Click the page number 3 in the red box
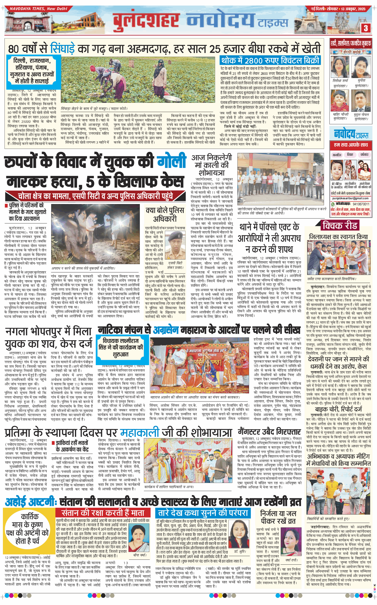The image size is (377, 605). (366, 28)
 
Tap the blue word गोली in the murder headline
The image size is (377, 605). (171, 161)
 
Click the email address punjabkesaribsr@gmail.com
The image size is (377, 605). (350, 198)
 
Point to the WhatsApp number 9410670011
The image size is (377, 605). (361, 204)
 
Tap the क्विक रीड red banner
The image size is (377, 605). (340, 226)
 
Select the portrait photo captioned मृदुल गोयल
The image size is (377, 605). (361, 101)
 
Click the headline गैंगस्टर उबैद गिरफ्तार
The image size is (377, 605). (269, 432)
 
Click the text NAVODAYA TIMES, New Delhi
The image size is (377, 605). (38, 9)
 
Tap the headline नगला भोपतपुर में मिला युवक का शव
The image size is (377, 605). (49, 338)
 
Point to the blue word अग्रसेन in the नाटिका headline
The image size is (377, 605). (170, 330)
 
